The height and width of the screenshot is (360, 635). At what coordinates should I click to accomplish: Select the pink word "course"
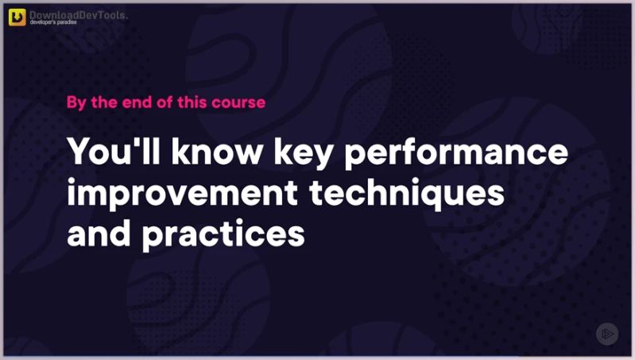[239, 103]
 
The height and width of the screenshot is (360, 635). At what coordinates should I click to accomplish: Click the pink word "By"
[76, 103]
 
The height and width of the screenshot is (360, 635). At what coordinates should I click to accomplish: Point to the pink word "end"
[133, 103]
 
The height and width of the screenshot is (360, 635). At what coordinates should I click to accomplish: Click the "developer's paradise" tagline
[59, 25]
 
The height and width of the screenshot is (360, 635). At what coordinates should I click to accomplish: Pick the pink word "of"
[159, 103]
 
